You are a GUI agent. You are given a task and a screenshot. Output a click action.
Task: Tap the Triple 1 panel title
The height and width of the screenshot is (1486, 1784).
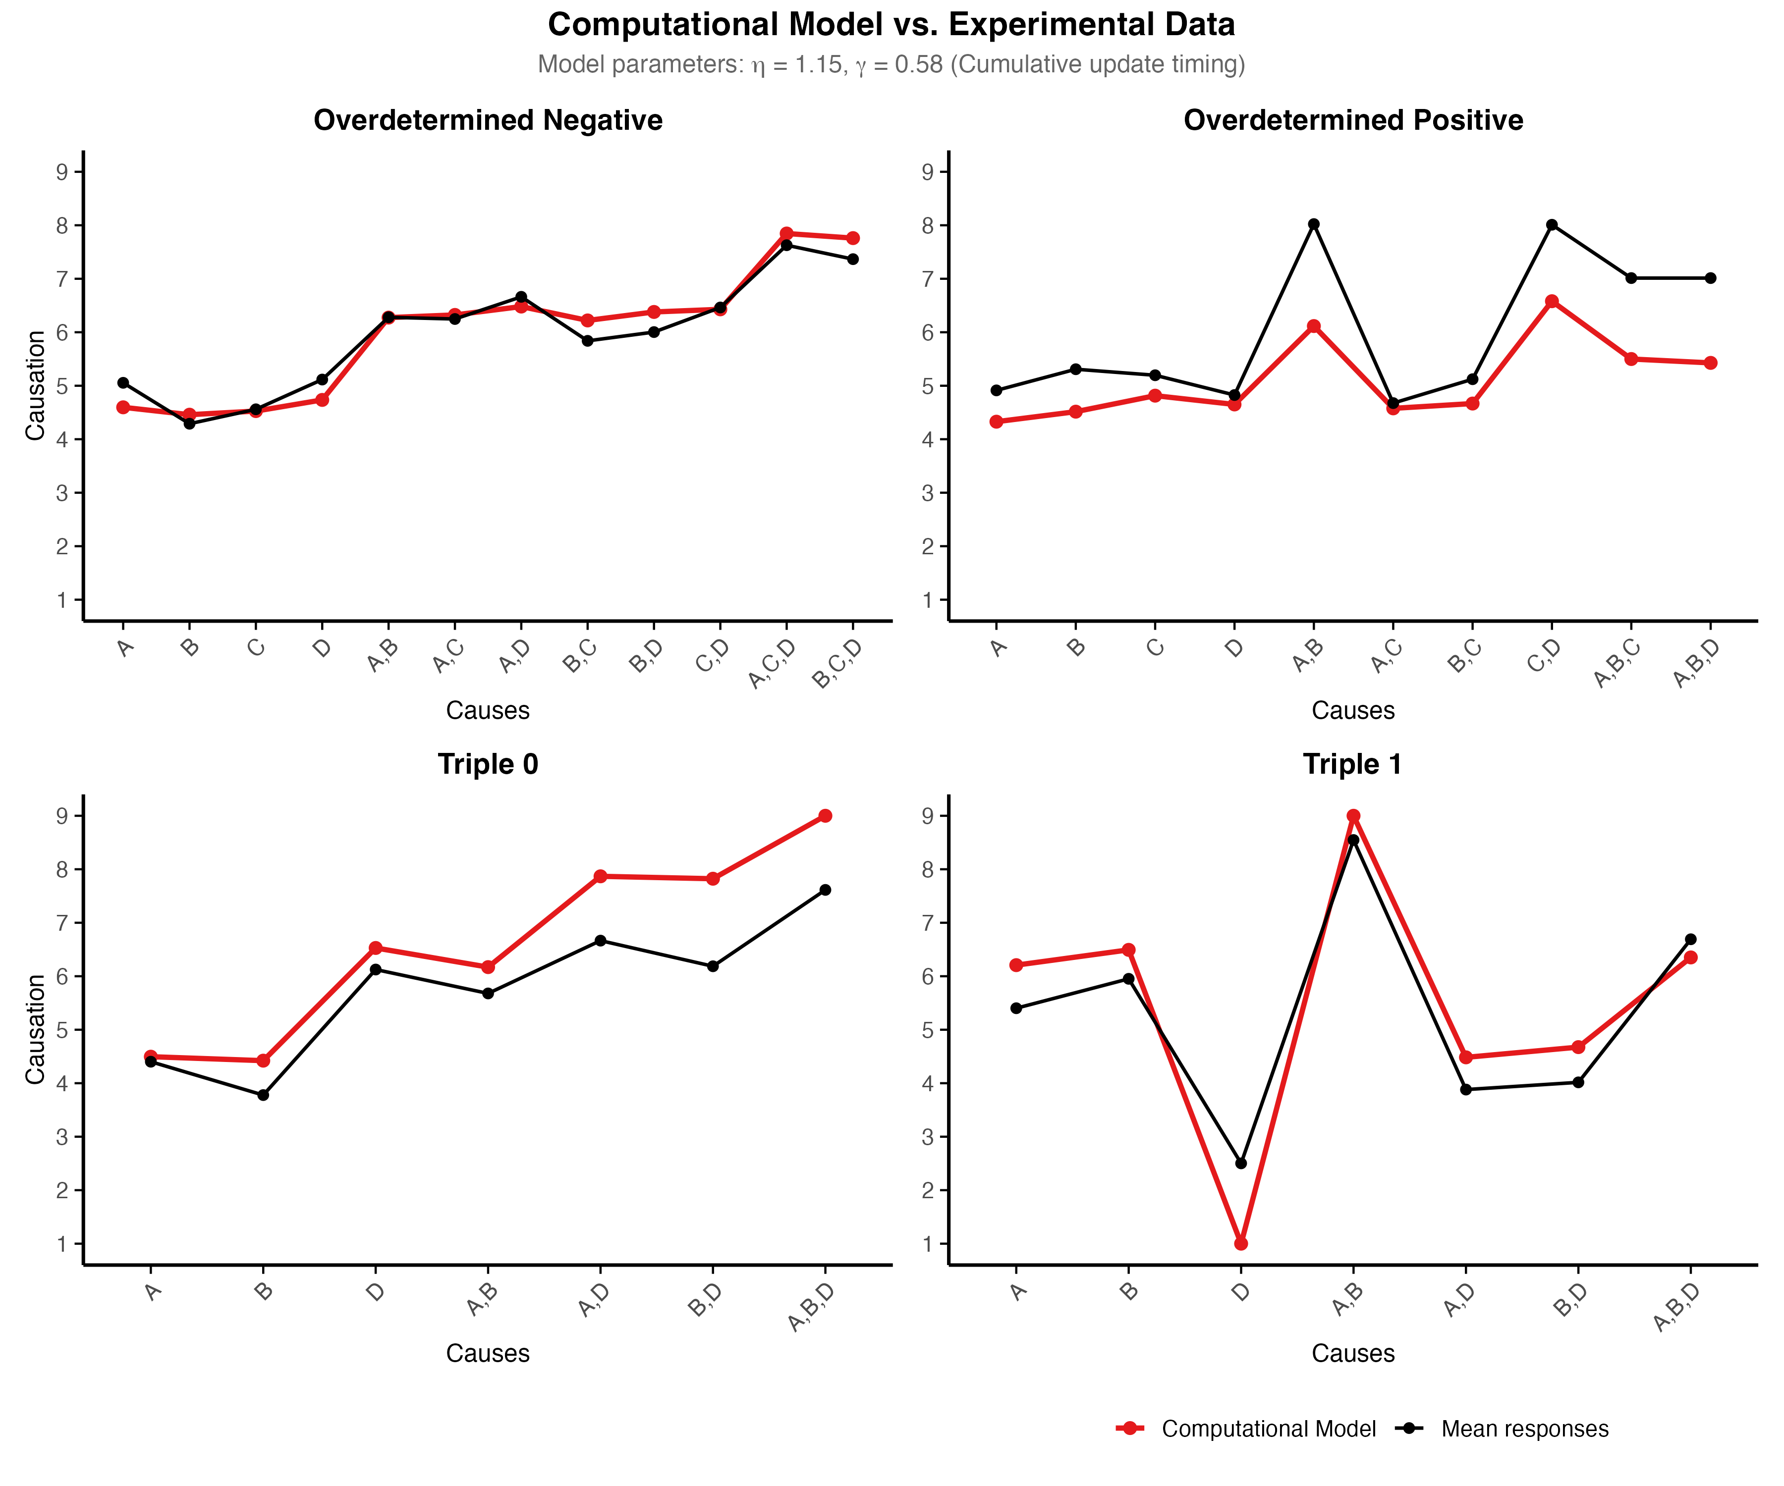pos(1352,764)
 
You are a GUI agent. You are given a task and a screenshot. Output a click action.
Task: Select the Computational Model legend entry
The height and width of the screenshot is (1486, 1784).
pos(1268,1429)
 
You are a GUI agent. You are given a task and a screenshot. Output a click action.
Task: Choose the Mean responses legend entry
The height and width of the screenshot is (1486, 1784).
pos(1524,1429)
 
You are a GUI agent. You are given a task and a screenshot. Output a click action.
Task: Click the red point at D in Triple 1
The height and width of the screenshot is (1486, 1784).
pos(1241,1243)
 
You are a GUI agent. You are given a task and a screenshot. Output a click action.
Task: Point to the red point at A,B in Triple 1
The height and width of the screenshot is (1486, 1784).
pos(1353,816)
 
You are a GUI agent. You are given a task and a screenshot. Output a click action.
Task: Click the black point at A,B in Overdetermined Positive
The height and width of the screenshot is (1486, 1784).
pos(1313,224)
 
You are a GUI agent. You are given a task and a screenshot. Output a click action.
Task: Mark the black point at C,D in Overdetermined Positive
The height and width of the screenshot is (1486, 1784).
pos(1551,225)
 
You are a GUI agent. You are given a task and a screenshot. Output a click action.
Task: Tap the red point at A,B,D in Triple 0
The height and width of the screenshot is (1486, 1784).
pos(825,816)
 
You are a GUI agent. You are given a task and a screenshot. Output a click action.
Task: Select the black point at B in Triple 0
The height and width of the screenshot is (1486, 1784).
pos(263,1095)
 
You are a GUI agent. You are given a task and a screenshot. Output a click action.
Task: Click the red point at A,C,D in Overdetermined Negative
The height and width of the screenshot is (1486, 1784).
pos(786,233)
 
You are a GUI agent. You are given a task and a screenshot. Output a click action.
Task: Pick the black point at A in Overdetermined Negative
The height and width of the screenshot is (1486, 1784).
pos(123,383)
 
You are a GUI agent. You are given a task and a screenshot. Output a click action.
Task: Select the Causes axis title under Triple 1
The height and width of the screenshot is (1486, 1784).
pos(1352,1354)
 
